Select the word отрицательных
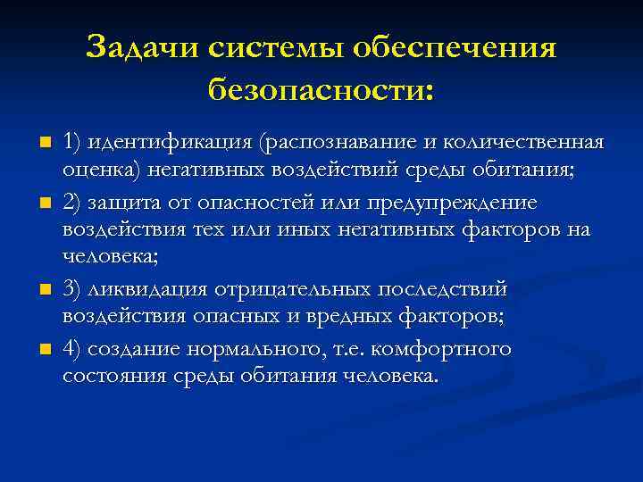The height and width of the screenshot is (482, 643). (x=300, y=291)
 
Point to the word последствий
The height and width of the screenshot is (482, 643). (x=443, y=291)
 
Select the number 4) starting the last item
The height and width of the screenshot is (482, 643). (x=74, y=348)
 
